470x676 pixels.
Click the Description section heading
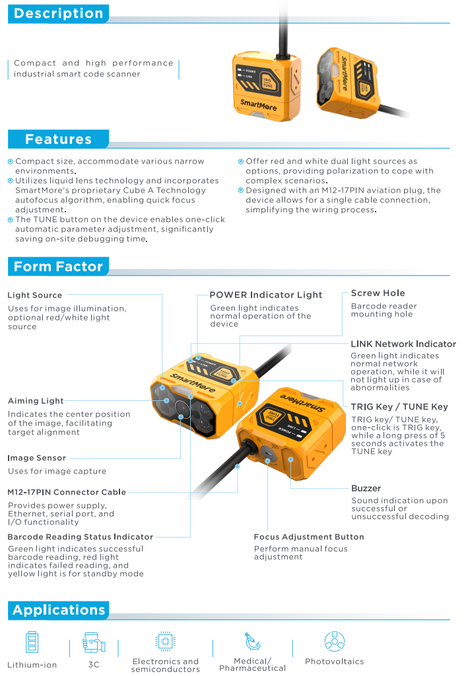coord(59,13)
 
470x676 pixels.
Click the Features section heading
coord(58,139)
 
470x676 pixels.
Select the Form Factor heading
coord(58,266)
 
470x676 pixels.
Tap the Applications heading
coord(59,610)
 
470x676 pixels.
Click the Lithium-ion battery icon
coord(32,642)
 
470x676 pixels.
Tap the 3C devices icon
coord(94,642)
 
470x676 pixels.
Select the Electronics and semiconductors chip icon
coord(165,642)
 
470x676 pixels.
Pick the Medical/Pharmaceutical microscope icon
coord(252,641)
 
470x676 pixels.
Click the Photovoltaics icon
coord(335,642)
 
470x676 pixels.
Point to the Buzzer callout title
coord(366,489)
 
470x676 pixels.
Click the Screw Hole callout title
coord(378,293)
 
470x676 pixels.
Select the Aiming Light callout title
coord(36,401)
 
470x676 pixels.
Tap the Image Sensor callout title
coord(37,458)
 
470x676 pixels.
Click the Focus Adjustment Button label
coord(309,537)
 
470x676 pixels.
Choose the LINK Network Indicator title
coord(403,344)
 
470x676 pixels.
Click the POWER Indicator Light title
coord(266,295)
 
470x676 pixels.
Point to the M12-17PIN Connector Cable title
coord(67,493)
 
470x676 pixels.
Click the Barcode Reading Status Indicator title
coord(81,537)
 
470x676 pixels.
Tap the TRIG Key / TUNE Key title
coord(399,407)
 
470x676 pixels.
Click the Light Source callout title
coord(35,295)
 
